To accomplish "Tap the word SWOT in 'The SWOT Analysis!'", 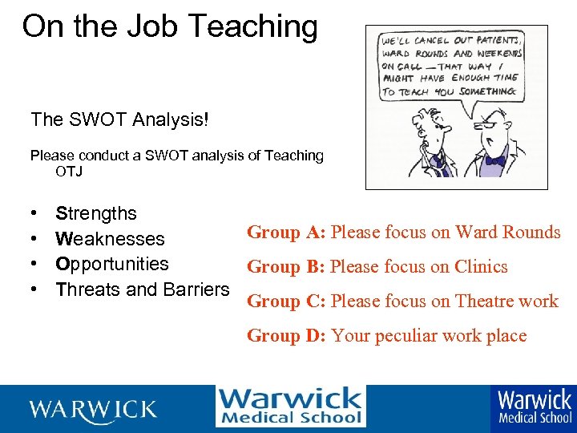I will coord(89,119).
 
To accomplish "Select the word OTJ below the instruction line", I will coord(69,172).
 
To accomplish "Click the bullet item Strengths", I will coord(96,214).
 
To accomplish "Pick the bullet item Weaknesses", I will coord(110,239).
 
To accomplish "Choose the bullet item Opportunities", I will coord(112,264).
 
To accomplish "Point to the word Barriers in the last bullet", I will coord(196,289).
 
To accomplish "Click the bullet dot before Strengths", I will coord(34,214).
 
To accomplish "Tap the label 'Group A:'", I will coord(285,233).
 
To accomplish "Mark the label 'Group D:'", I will coord(285,336).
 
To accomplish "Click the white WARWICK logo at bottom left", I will coord(93,410).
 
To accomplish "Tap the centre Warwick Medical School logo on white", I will coord(290,407).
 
